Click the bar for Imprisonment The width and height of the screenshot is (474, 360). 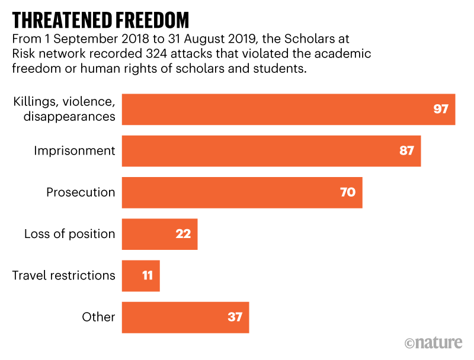point(271,151)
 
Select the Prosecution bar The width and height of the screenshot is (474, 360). point(242,192)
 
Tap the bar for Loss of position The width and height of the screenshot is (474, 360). point(159,234)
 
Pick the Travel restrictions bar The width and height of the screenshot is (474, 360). point(140,275)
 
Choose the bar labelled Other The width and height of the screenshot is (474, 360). point(185,317)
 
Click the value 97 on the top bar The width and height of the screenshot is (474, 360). point(440,110)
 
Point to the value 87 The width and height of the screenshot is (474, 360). point(406,151)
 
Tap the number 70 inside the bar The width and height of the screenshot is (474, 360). point(348,192)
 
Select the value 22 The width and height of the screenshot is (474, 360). point(183,234)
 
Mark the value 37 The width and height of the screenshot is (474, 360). point(235,317)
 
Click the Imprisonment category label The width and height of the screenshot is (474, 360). point(75,151)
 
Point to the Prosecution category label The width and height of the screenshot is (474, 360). point(81,192)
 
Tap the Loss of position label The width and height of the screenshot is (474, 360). point(70,234)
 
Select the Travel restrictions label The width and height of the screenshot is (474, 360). point(64,275)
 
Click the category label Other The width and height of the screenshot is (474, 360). point(98,317)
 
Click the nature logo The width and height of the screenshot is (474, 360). point(435,343)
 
